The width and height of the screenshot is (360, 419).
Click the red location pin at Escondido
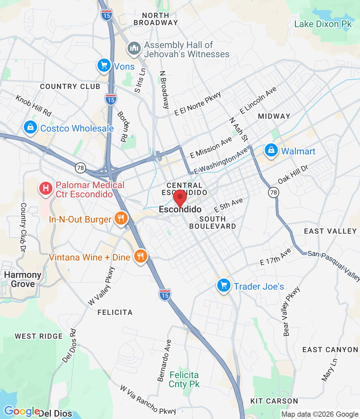[x=180, y=198]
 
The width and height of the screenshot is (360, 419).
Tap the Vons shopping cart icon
[x=104, y=65]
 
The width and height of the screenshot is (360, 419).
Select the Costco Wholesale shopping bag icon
[x=30, y=127]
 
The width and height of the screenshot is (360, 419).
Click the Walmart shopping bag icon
[x=271, y=150]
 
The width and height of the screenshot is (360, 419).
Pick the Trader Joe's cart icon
[x=224, y=285]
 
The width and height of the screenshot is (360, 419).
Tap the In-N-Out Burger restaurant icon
[x=121, y=218]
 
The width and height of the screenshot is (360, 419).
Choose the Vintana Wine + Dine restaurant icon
[x=141, y=256]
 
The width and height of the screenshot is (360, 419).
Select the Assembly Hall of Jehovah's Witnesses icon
[x=134, y=48]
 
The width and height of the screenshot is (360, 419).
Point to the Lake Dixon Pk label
[x=323, y=24]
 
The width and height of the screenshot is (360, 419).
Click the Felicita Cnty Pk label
[x=184, y=379]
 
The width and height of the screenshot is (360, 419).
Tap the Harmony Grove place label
[x=23, y=279]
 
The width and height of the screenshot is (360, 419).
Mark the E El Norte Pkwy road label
[x=198, y=104]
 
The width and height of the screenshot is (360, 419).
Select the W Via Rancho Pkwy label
[x=148, y=400]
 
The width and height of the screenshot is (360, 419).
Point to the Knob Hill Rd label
[x=33, y=105]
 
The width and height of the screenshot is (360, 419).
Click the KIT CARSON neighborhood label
[x=274, y=401]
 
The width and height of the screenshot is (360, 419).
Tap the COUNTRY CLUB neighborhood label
[x=70, y=86]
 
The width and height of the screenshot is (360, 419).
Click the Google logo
[x=22, y=411]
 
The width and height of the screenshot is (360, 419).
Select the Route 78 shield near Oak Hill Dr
[x=274, y=192]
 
